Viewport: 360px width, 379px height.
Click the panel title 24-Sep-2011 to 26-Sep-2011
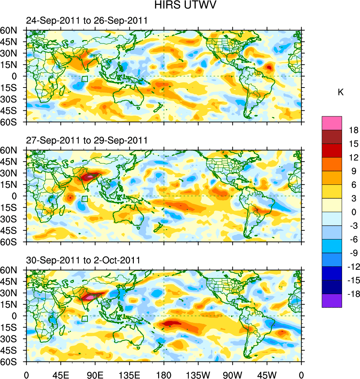(87, 21)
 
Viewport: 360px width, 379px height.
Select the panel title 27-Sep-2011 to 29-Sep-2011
(87, 140)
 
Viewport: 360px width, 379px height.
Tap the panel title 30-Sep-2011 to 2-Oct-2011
(83, 260)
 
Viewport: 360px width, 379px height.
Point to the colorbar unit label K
(341, 92)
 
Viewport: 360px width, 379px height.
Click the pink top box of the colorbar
(332, 123)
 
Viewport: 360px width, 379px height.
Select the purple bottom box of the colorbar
(332, 300)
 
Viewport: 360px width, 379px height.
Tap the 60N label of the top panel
(10, 30)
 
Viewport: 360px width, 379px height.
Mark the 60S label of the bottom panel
(10, 362)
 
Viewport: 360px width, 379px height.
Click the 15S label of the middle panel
(10, 207)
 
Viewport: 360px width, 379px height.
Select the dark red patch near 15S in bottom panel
(173, 323)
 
